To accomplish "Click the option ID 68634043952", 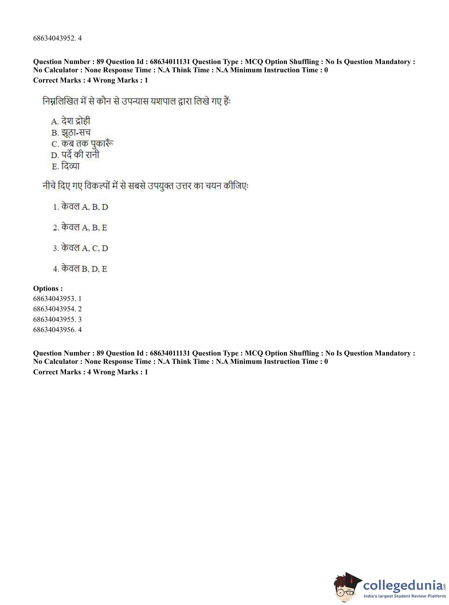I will [x=57, y=38].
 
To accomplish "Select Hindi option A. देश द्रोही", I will [x=70, y=121].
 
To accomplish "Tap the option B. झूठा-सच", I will [x=71, y=132].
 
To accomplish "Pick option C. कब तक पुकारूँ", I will [x=82, y=144].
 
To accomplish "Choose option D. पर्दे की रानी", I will [x=75, y=155].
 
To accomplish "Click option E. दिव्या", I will [x=66, y=166].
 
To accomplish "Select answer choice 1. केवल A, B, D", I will [x=80, y=207].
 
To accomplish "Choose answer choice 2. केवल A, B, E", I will [x=80, y=227].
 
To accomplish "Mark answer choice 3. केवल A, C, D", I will [x=80, y=248].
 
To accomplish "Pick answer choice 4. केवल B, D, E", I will [x=80, y=269].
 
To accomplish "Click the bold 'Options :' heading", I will [x=48, y=288].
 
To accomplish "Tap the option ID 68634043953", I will [x=57, y=299].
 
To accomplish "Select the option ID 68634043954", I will [x=57, y=309].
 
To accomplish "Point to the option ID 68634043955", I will [x=57, y=319].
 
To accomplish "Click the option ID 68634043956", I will [x=57, y=330].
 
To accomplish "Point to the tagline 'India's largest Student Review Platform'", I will [x=404, y=596].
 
